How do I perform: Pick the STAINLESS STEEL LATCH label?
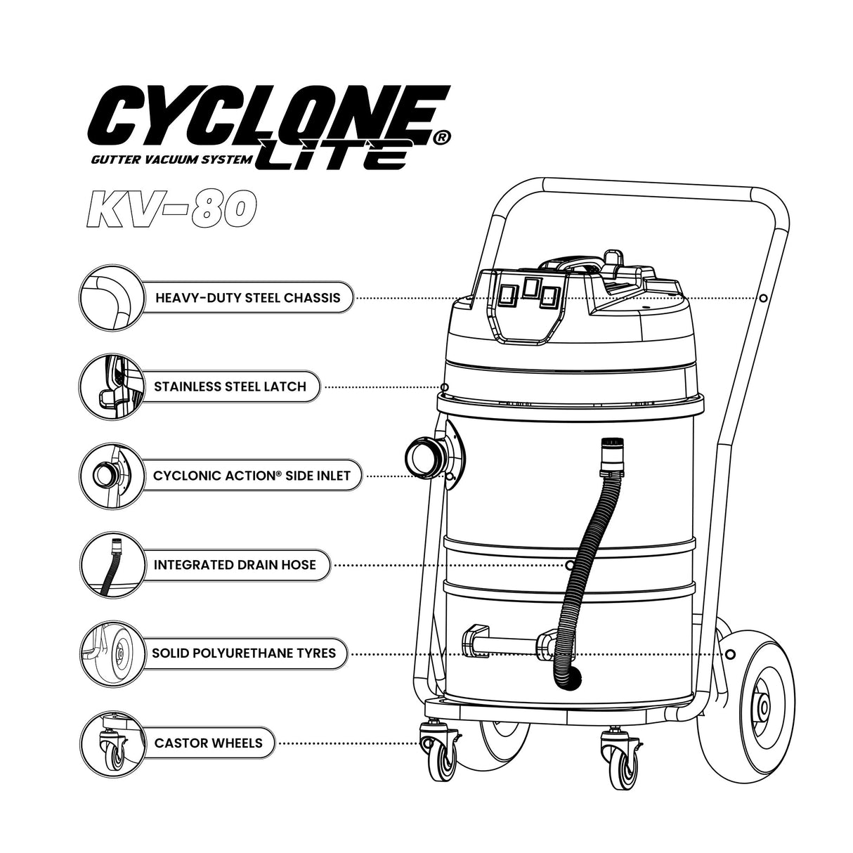pos(230,386)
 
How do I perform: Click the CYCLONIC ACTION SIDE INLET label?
pos(252,476)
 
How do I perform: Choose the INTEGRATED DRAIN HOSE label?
pos(235,565)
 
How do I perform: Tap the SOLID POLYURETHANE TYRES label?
pos(244,653)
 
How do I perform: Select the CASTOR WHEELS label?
pos(209,743)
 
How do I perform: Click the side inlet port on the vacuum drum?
pos(423,457)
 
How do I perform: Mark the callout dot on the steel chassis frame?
pos(763,298)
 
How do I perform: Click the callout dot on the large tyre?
pos(730,654)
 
